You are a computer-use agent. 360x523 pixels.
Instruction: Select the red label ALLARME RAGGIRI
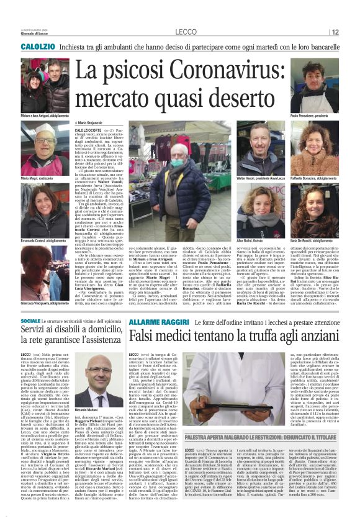(151, 322)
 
